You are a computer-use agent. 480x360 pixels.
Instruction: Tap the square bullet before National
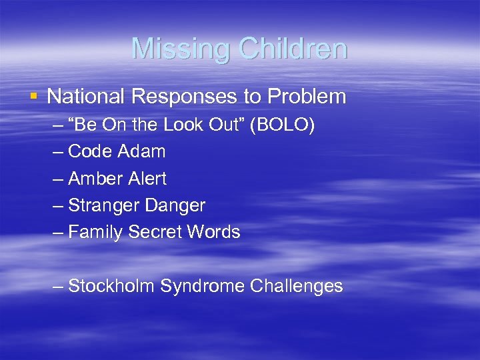pos(34,96)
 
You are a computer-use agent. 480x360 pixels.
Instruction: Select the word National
pos(87,97)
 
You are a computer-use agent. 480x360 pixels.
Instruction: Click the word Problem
pos(307,97)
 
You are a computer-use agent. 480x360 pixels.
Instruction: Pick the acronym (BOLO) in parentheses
pos(283,125)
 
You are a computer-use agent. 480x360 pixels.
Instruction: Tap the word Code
pos(90,151)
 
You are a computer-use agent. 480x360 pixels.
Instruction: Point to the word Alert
pos(147,179)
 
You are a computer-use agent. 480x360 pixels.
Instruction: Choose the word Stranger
pos(102,205)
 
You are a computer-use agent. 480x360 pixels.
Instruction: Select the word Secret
pos(153,232)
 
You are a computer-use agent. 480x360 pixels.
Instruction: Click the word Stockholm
pos(111,287)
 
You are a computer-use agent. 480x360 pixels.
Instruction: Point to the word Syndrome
pos(203,287)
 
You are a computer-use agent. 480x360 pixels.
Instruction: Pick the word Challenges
pos(297,287)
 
